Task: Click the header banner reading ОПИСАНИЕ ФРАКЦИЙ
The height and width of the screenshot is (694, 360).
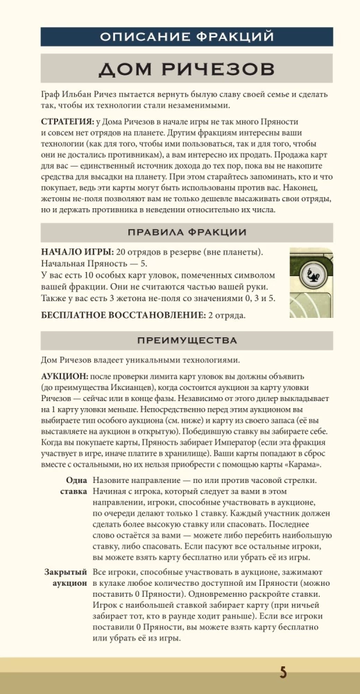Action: pyautogui.click(x=180, y=37)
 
